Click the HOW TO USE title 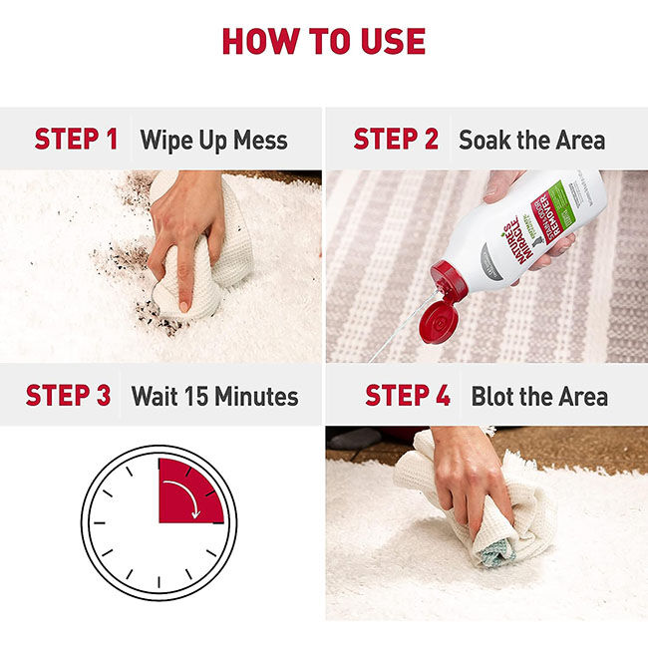tap(323, 41)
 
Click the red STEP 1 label tap(76, 140)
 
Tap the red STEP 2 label tap(396, 140)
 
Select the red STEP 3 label tap(68, 395)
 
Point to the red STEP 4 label tap(407, 395)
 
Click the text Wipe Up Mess tap(213, 140)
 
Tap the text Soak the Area tap(531, 140)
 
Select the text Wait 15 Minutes tap(214, 396)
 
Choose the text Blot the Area tap(539, 396)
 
